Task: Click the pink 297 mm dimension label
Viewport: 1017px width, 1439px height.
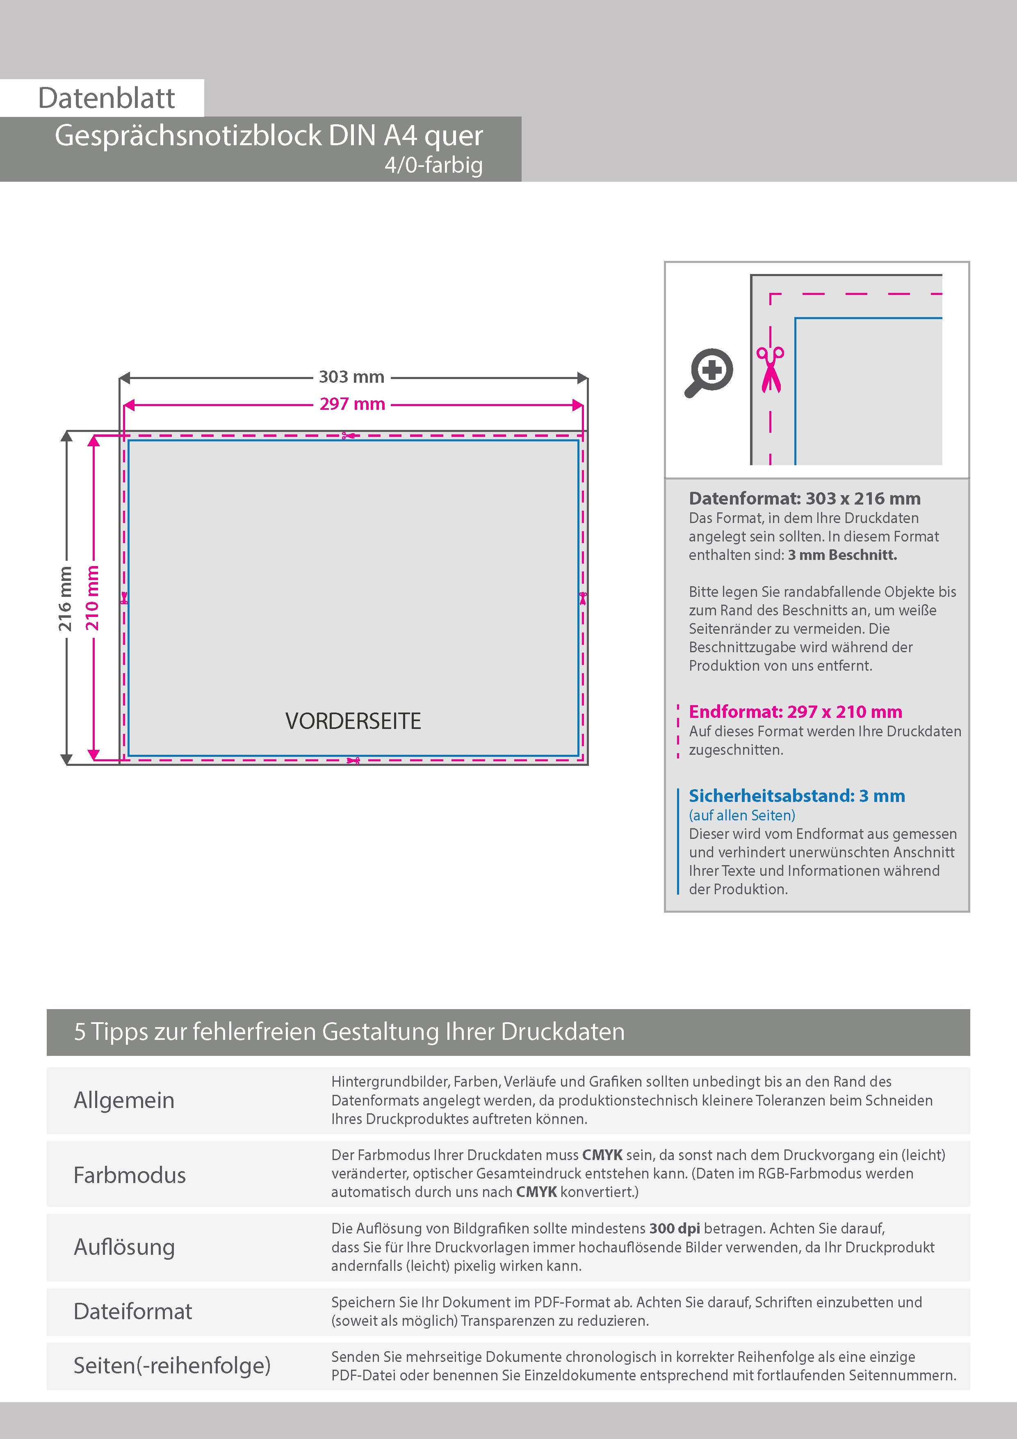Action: pyautogui.click(x=352, y=404)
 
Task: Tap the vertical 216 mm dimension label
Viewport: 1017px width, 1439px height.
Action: pyautogui.click(x=65, y=598)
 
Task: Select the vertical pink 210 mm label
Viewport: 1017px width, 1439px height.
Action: pyautogui.click(x=92, y=598)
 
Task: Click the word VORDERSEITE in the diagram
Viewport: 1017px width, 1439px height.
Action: pyautogui.click(x=353, y=722)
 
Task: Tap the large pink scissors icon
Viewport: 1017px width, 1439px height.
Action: pyautogui.click(x=770, y=369)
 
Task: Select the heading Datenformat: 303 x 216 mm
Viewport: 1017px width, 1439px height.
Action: pyautogui.click(x=805, y=499)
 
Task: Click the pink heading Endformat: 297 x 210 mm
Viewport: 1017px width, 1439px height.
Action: pyautogui.click(x=795, y=712)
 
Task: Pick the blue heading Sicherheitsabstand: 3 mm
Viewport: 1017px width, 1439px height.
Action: pyautogui.click(x=796, y=796)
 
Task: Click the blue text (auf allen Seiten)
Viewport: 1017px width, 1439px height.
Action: pyautogui.click(x=742, y=815)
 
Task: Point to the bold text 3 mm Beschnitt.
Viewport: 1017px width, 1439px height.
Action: pyautogui.click(x=842, y=555)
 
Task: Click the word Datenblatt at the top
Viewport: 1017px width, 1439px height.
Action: pyautogui.click(x=107, y=98)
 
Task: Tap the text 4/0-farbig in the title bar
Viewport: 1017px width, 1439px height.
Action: pyautogui.click(x=433, y=165)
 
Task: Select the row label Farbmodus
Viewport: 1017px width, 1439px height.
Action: pyautogui.click(x=130, y=1175)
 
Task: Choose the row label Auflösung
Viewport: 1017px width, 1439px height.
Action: pyautogui.click(x=124, y=1247)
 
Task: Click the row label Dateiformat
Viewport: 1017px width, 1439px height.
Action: pyautogui.click(x=133, y=1311)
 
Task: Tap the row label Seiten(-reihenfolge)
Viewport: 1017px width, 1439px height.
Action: pyautogui.click(x=172, y=1365)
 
